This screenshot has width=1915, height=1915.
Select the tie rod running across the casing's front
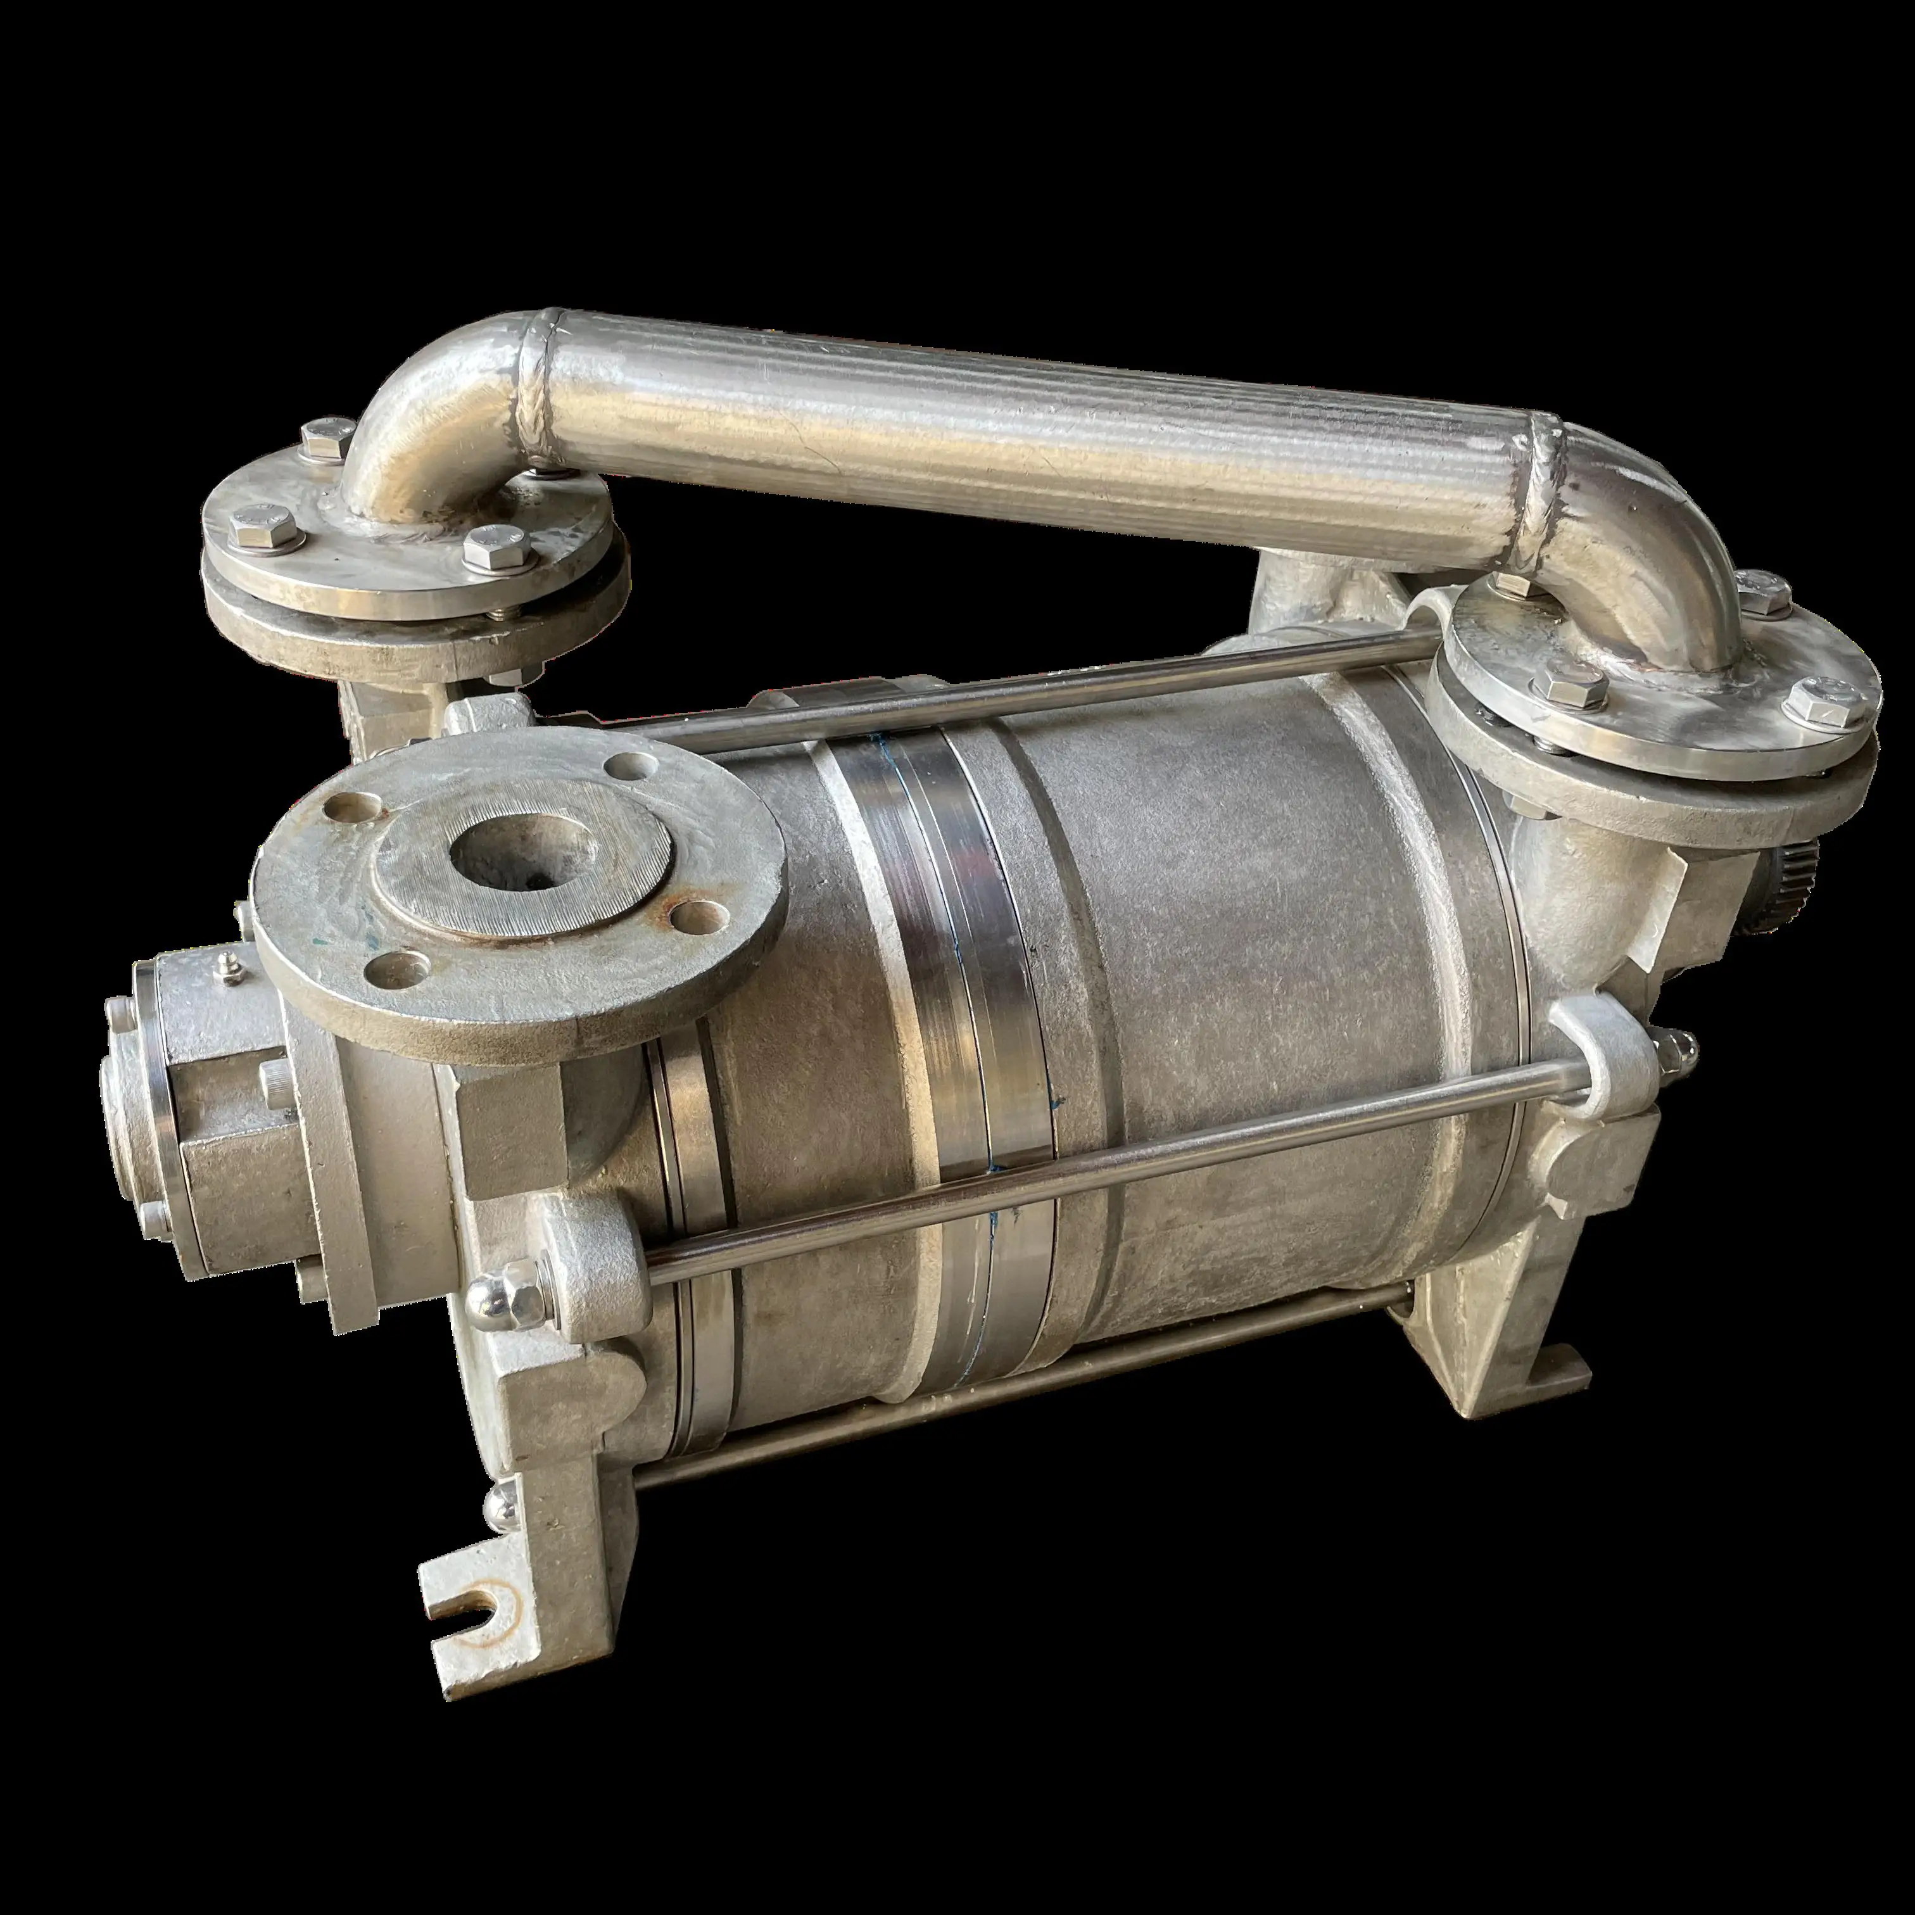click(1090, 1170)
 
